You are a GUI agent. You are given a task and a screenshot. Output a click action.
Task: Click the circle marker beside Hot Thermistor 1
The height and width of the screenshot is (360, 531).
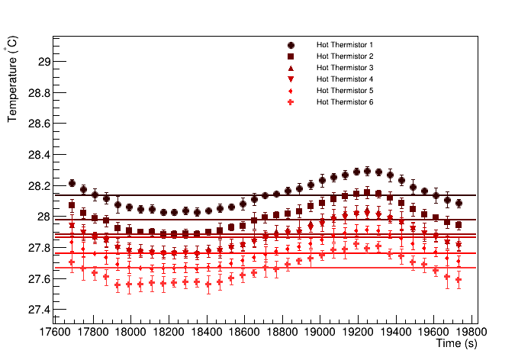291,45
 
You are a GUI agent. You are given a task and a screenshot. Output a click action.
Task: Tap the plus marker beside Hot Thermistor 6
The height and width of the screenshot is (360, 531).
291,102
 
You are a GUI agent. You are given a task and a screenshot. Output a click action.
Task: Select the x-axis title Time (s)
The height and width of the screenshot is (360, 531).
457,345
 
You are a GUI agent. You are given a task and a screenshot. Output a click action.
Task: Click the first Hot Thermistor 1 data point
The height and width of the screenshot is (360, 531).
72,183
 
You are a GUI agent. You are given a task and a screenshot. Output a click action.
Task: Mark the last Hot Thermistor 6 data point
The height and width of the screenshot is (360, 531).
459,280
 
